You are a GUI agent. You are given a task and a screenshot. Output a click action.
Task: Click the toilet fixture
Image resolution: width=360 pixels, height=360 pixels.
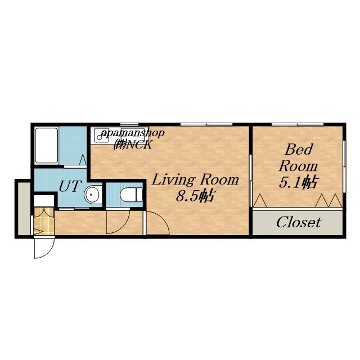point(131,195)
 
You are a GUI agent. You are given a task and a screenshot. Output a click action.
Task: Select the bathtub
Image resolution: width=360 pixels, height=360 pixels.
point(47,146)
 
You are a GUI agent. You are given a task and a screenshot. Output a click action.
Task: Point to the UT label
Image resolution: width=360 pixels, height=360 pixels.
point(70,186)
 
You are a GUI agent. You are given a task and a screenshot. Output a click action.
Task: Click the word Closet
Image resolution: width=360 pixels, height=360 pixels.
point(299,222)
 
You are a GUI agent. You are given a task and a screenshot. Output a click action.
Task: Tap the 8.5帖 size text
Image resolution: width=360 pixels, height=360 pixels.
point(195,196)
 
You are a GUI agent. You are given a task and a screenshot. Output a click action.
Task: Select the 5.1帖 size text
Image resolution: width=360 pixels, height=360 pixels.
point(298,182)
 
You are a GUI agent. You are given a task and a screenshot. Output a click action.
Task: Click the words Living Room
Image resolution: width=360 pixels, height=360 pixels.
point(195,180)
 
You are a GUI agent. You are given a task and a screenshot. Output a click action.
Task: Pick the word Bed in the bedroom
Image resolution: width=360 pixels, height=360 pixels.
point(299,150)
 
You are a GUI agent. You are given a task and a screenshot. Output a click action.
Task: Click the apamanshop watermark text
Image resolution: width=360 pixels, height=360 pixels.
point(133,133)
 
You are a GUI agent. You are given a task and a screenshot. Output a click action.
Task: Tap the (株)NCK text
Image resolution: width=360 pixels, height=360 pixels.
point(133,145)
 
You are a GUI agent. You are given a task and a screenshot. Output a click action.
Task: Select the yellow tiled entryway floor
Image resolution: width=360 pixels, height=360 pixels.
point(44,221)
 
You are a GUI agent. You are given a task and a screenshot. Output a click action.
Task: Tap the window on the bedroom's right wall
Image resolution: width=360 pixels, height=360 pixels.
point(344,166)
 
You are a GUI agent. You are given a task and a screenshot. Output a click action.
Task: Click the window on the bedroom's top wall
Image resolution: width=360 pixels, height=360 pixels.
point(298,125)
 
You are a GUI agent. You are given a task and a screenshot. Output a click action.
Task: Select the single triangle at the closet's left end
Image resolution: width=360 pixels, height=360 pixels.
point(260,200)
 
